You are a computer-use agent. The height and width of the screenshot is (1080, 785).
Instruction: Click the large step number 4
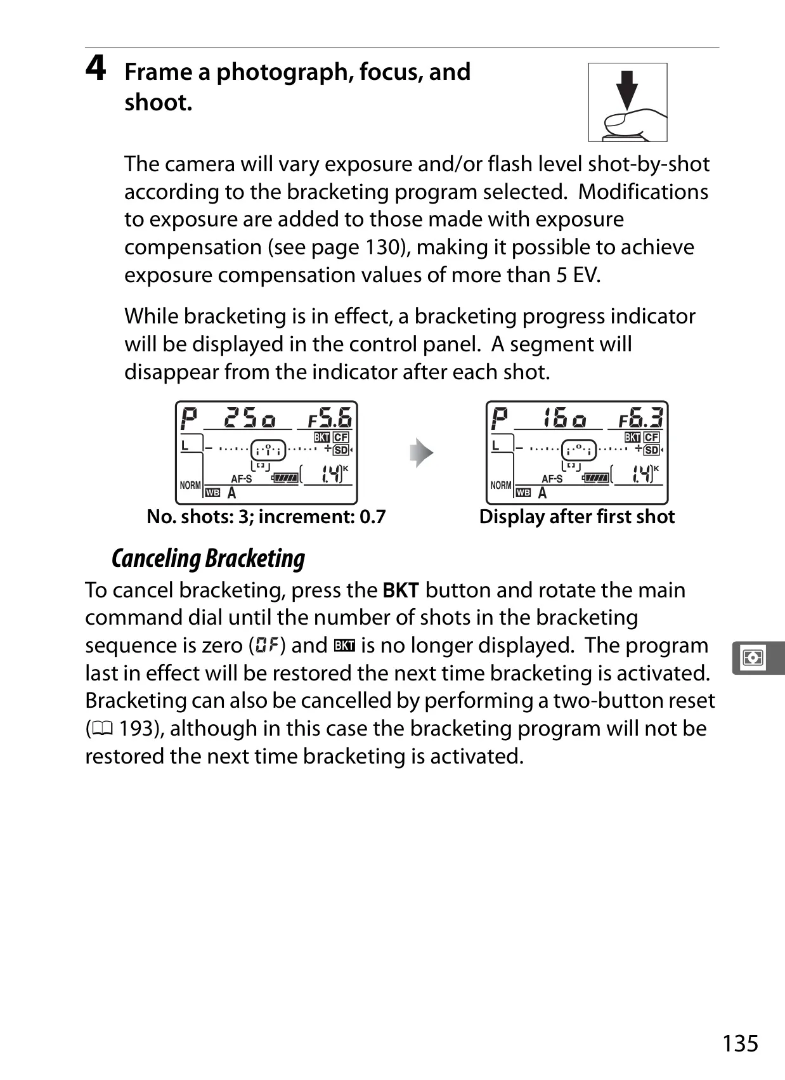(96, 68)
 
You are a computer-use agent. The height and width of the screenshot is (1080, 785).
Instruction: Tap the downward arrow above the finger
(627, 89)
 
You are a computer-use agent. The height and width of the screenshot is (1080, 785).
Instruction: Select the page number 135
(740, 1043)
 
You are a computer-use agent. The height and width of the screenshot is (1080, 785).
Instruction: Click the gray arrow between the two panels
(422, 453)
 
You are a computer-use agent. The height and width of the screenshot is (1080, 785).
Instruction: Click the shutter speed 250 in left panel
(250, 417)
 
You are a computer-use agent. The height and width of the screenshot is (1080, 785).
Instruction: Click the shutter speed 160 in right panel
(564, 417)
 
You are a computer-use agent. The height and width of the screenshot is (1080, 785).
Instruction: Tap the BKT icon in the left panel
(321, 438)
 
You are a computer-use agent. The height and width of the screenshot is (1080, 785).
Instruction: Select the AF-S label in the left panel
(241, 479)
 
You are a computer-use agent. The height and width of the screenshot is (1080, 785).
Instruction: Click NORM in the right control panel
(501, 485)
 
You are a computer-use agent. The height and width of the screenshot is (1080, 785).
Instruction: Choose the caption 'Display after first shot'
(576, 517)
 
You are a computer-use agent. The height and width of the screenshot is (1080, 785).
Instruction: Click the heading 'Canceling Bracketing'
(209, 558)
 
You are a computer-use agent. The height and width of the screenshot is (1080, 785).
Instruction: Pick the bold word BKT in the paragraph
(401, 590)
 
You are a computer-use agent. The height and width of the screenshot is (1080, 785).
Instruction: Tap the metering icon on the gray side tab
(753, 658)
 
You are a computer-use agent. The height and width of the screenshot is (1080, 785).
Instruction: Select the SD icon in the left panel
(341, 450)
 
